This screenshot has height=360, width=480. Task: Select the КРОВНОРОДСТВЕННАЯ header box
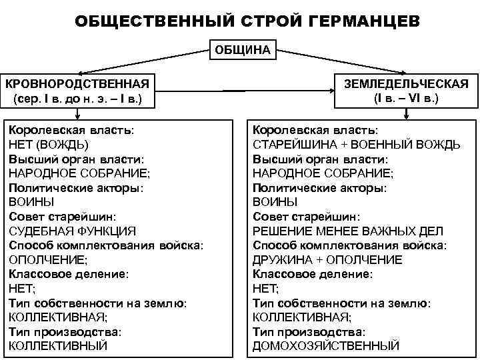click(77, 91)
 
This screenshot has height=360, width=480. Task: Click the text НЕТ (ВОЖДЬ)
click(48, 144)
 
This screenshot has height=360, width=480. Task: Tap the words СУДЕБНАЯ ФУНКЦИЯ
click(73, 231)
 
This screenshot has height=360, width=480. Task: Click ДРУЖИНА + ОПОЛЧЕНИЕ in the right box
click(327, 259)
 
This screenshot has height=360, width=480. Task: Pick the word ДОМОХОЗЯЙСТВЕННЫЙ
click(326, 345)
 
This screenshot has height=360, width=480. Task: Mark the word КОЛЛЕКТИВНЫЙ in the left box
click(57, 345)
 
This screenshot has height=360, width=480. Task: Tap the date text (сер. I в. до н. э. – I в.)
click(77, 100)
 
